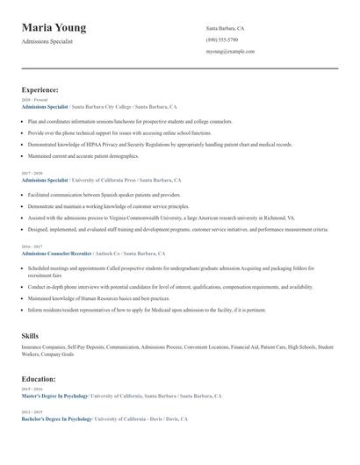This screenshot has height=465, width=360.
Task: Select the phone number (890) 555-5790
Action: pyautogui.click(x=221, y=39)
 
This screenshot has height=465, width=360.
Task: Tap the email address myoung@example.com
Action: pyautogui.click(x=230, y=51)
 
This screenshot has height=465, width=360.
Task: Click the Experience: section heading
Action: pyautogui.click(x=40, y=89)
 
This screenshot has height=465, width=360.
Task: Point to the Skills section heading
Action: pyautogui.click(x=30, y=336)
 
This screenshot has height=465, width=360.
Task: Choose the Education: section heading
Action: pyautogui.click(x=39, y=379)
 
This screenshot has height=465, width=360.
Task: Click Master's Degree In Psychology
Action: pyautogui.click(x=56, y=396)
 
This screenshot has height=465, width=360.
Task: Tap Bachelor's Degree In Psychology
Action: pyautogui.click(x=57, y=419)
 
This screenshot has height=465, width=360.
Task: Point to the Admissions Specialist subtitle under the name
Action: pyautogui.click(x=47, y=41)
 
